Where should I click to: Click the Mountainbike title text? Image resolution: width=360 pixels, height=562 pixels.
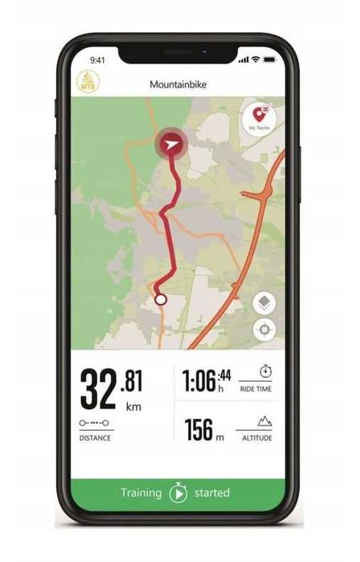[x=176, y=84]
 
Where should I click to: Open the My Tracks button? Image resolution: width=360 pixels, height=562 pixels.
[x=259, y=119]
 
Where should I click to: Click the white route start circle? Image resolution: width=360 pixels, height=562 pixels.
[x=160, y=299]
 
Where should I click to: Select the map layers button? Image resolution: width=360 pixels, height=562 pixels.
[x=264, y=303]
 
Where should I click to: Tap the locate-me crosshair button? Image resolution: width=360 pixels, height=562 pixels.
[x=264, y=330]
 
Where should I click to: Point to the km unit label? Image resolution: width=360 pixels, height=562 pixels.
[x=133, y=407]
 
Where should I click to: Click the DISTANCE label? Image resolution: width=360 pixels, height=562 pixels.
[x=95, y=438]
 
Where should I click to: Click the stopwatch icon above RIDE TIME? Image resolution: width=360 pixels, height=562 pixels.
[x=266, y=372]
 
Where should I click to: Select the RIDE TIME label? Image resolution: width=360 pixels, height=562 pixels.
[x=256, y=389]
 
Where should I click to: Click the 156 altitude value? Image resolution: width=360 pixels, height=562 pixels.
[x=198, y=430]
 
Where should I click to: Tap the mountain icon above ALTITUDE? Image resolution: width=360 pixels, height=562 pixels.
[x=265, y=420]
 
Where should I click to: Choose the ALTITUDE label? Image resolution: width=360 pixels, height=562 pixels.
[x=256, y=438]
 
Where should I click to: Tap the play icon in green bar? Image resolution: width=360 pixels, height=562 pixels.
[x=178, y=493]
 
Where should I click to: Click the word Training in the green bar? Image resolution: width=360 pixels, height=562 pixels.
[x=141, y=493]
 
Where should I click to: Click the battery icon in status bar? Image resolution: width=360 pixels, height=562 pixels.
[x=269, y=59]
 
